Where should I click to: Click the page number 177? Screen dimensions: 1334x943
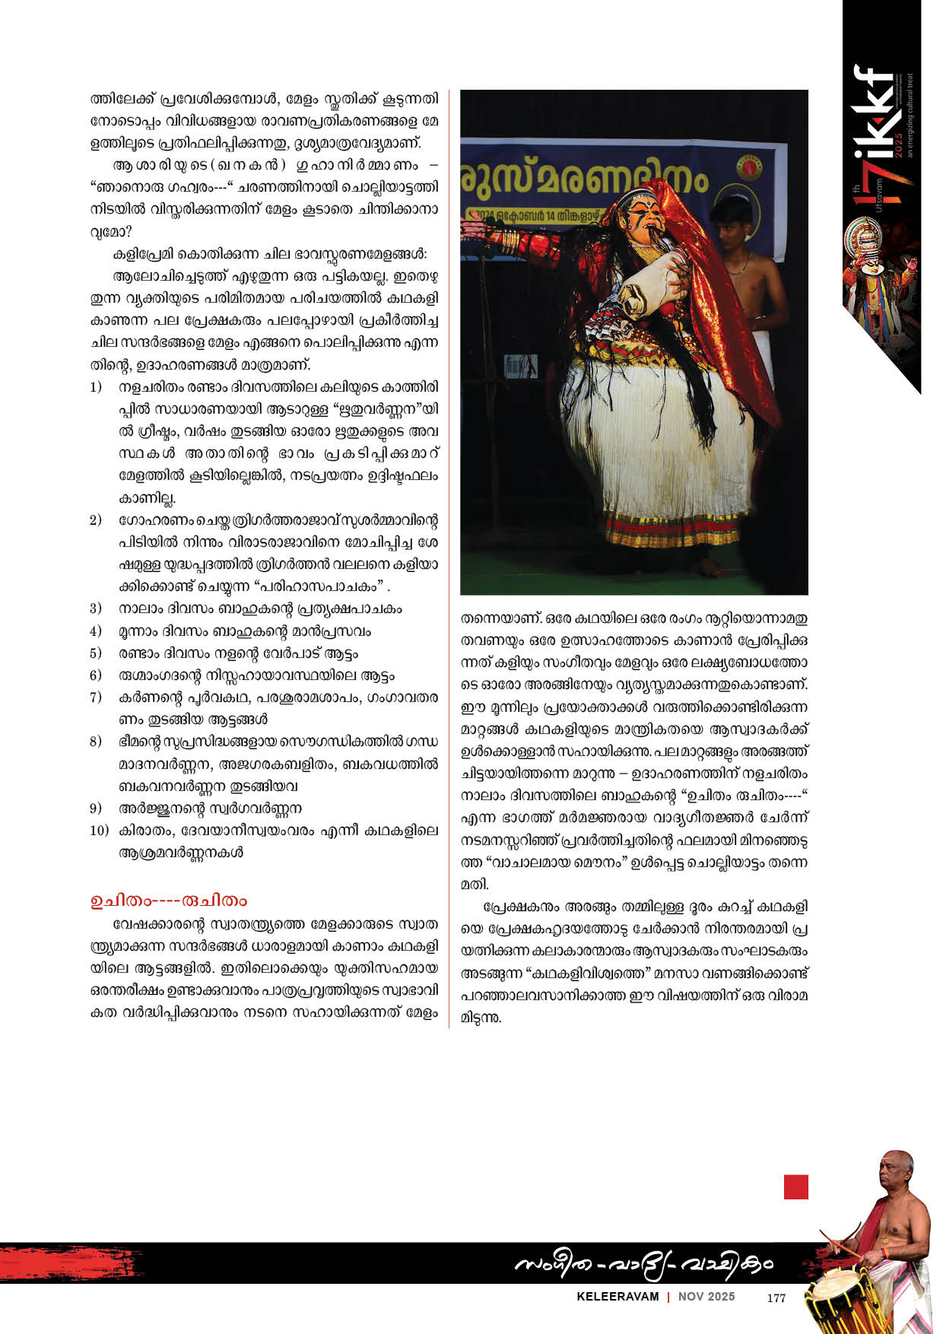click(776, 1297)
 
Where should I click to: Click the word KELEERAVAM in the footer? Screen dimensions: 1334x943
click(618, 1297)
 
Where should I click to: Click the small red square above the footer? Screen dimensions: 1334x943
click(795, 1186)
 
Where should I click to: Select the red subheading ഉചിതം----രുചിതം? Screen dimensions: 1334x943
click(168, 900)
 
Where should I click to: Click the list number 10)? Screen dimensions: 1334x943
click(99, 830)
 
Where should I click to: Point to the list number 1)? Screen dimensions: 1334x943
click(96, 387)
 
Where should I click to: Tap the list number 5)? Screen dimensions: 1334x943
click(96, 653)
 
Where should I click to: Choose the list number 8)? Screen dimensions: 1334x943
click(96, 742)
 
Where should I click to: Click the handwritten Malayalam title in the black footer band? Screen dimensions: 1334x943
click(643, 1264)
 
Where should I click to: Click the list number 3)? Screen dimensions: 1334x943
click(96, 608)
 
